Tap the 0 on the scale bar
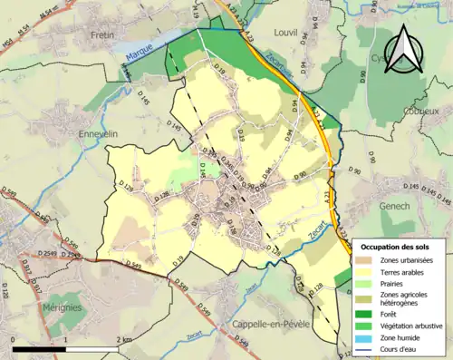click(14, 340)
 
